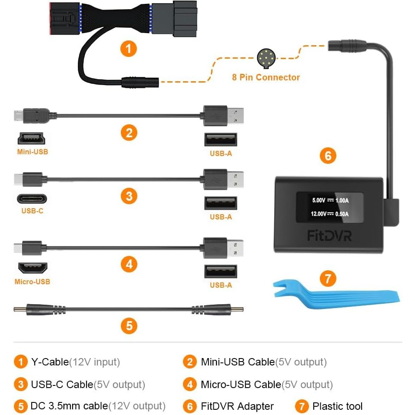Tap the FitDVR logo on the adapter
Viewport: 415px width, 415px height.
coord(329,235)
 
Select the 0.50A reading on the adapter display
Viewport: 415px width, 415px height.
coord(342,214)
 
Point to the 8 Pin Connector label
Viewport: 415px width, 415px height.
coord(266,77)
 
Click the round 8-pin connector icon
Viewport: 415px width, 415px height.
coord(265,58)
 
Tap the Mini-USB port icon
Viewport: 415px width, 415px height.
coord(32,139)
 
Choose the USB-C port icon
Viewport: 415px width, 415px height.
coord(32,199)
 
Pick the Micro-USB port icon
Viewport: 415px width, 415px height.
coord(32,268)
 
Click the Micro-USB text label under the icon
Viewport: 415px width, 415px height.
coord(32,282)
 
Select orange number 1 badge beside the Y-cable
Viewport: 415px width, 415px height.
coord(129,48)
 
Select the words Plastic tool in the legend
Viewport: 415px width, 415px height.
coord(337,406)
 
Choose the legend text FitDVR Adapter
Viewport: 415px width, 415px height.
coord(237,406)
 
